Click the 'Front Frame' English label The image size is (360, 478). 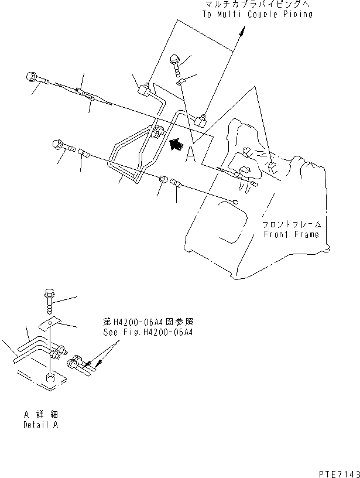click(292, 234)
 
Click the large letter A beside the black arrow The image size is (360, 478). click(190, 153)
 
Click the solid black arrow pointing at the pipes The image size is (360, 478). click(175, 144)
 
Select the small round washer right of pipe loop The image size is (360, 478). click(163, 178)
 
